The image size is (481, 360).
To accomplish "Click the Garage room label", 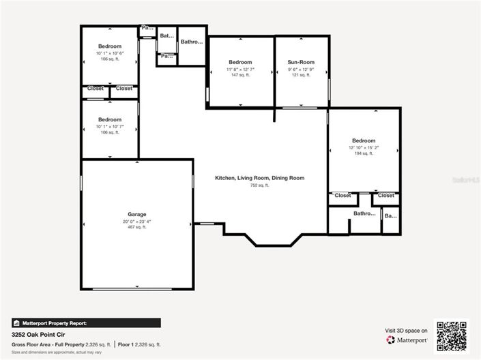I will click(136, 214).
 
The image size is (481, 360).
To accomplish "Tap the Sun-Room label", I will click(301, 62).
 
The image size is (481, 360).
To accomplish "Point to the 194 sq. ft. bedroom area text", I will click(363, 154).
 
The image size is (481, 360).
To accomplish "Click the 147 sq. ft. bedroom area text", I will click(240, 75).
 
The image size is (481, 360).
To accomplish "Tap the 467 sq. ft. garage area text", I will click(136, 227).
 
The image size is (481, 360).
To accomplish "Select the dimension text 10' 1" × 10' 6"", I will click(109, 53).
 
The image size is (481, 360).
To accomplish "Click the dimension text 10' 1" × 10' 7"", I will click(109, 126).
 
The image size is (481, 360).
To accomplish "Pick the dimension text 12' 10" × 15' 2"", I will click(363, 147).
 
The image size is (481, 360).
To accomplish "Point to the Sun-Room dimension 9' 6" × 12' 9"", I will click(301, 69).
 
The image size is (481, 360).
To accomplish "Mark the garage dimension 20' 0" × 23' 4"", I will click(136, 221).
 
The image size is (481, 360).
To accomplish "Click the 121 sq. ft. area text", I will click(301, 75).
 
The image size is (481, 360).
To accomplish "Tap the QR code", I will click(452, 335).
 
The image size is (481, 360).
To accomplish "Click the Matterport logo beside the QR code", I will click(407, 340).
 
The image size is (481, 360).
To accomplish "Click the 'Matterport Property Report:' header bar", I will click(86, 323).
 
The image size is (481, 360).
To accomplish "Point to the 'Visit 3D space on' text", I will click(407, 330).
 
